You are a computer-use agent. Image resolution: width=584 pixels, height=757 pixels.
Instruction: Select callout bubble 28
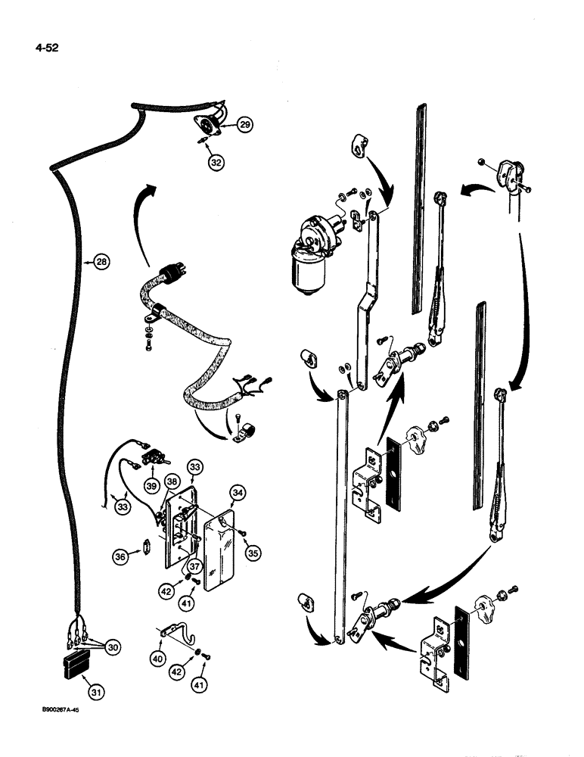(101, 262)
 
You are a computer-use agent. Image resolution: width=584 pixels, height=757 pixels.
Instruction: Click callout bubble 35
(253, 553)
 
